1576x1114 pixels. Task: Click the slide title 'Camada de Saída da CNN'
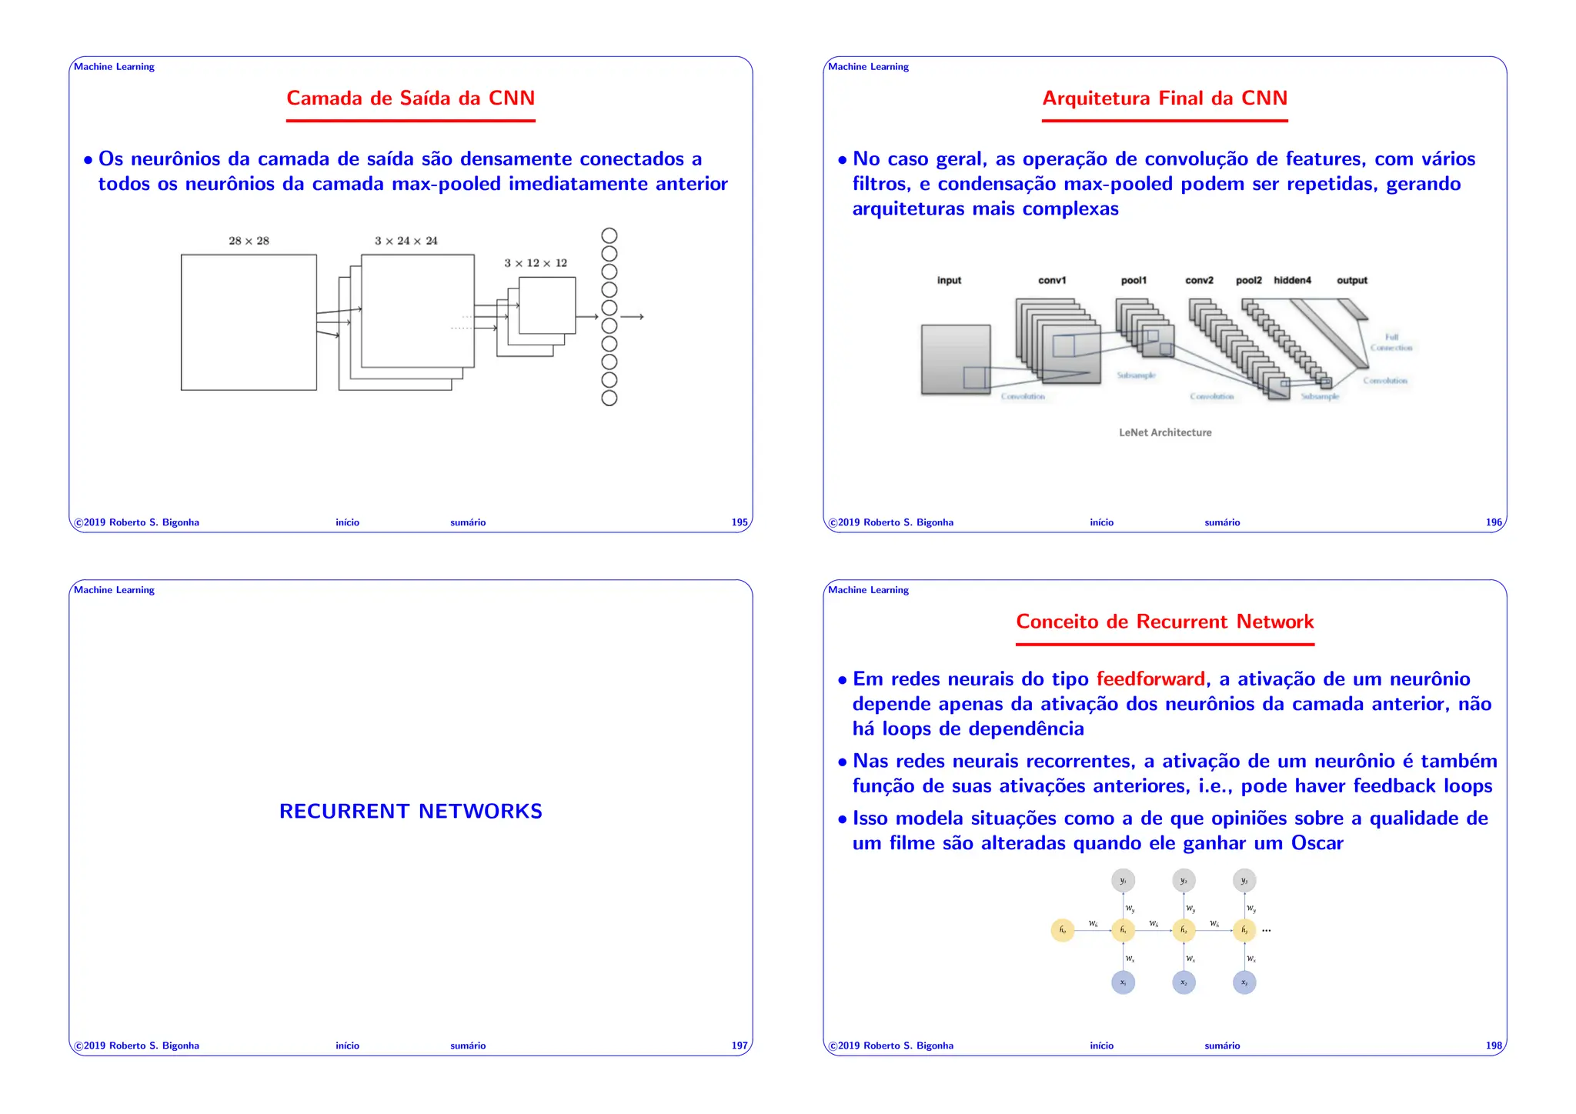(x=410, y=98)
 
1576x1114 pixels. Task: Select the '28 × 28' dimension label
(x=249, y=241)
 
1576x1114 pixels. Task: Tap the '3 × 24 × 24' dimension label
(x=406, y=241)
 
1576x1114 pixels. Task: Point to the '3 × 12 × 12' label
(x=536, y=263)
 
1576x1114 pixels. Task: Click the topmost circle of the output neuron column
(x=609, y=235)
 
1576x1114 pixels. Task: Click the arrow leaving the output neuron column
(x=632, y=317)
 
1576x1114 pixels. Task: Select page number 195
(x=739, y=522)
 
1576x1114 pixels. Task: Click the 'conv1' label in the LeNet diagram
(x=1051, y=281)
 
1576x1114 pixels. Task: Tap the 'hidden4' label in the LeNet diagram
(x=1292, y=281)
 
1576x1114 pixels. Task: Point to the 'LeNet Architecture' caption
(x=1164, y=433)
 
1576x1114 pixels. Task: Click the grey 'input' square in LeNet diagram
(x=955, y=359)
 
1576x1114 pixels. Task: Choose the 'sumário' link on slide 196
(x=1221, y=522)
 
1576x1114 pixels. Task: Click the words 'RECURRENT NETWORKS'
(x=410, y=812)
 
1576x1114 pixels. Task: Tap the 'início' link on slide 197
(x=347, y=1046)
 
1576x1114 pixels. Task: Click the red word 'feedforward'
(x=1150, y=679)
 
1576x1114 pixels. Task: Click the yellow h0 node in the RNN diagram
(x=1062, y=930)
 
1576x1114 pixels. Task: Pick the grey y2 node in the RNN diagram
(x=1184, y=880)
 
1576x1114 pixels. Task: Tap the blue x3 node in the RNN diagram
(x=1244, y=982)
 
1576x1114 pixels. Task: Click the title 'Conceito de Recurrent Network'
(x=1164, y=622)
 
